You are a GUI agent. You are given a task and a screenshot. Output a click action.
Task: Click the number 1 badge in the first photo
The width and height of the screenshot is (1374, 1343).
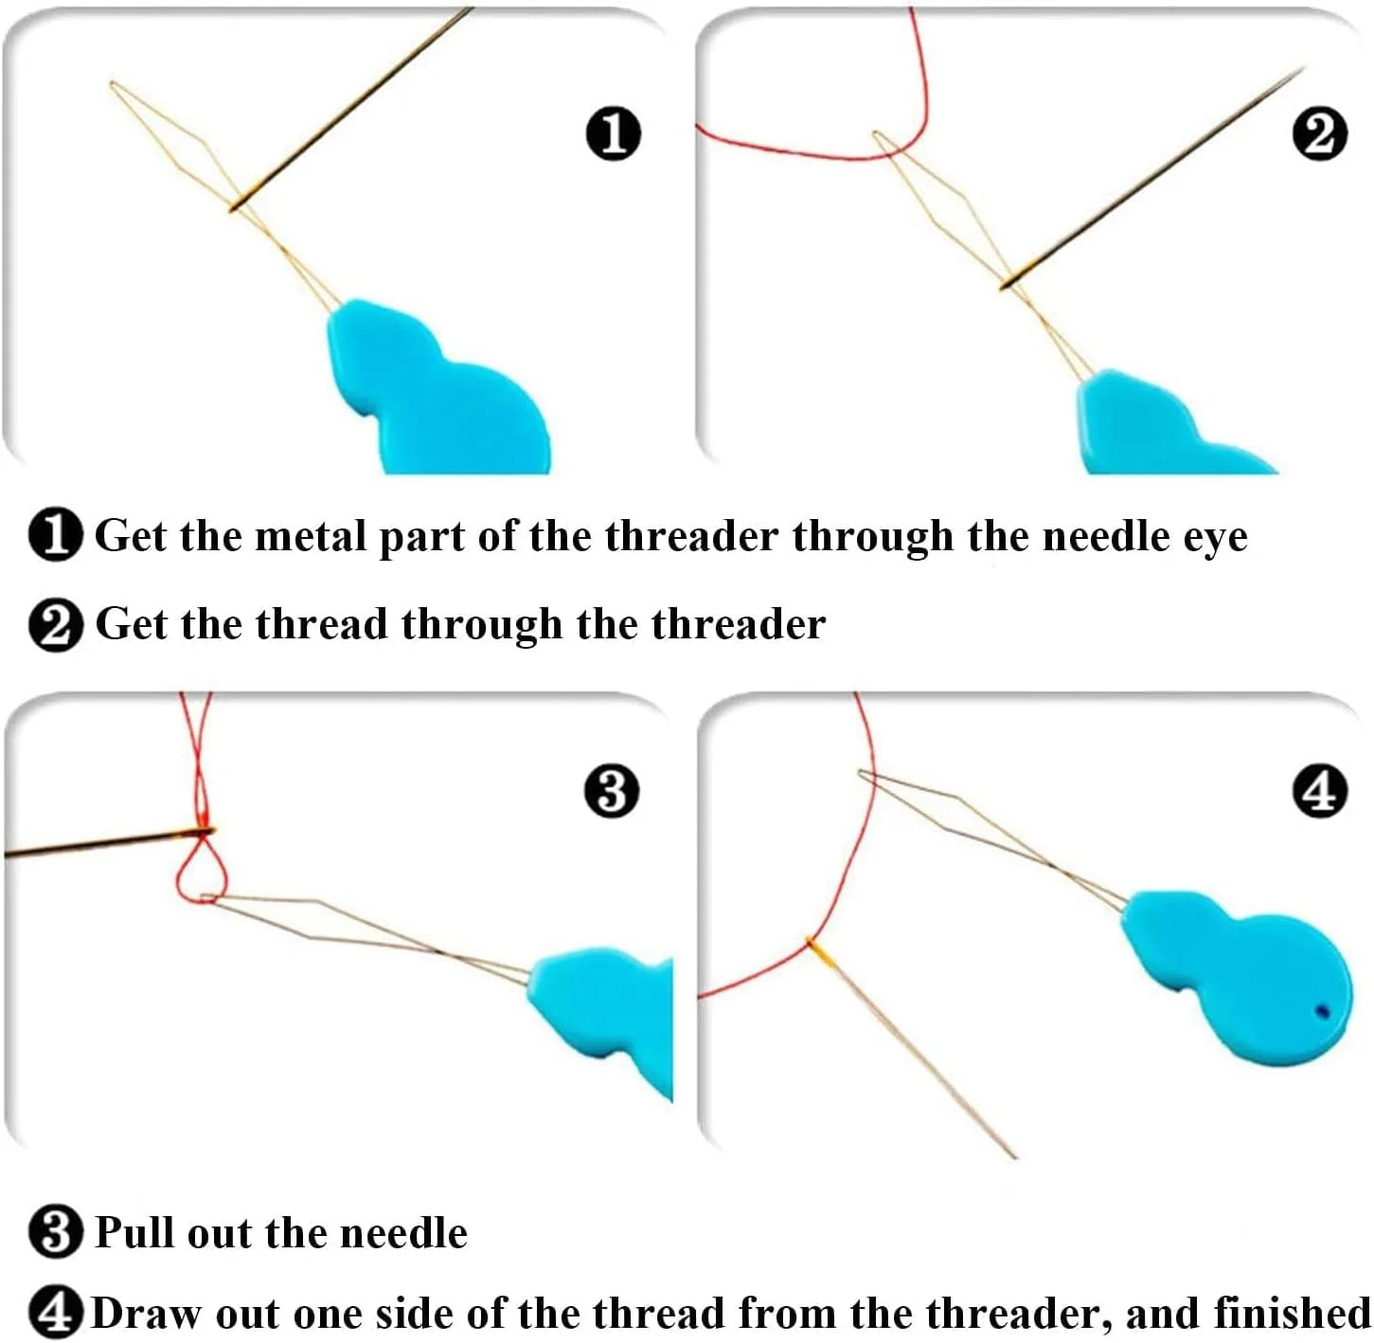(x=614, y=133)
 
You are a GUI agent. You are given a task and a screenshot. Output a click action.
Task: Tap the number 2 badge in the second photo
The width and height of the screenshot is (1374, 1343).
(x=1319, y=133)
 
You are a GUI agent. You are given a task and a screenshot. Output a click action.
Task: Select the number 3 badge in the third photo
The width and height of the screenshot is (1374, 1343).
(x=612, y=791)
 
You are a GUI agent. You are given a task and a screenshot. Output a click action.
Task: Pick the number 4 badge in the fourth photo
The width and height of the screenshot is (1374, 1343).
(x=1319, y=791)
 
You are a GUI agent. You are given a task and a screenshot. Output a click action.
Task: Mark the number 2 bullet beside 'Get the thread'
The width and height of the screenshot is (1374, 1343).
(x=56, y=626)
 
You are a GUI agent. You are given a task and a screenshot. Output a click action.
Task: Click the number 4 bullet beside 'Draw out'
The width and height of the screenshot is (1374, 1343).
(x=55, y=1315)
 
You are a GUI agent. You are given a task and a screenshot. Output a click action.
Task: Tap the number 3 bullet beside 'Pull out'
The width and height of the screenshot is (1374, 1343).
(x=56, y=1234)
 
